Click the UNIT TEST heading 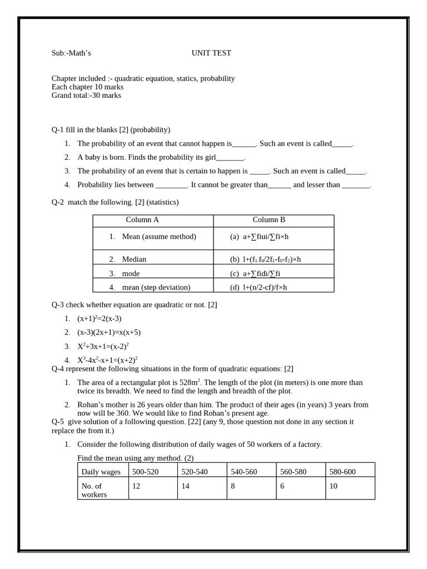pos(211,53)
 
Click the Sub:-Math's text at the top pos(71,53)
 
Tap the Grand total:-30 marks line pos(86,96)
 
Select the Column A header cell pos(142,220)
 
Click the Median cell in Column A pos(134,259)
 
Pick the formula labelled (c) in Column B pos(255,273)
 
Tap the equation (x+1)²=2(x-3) pos(99,318)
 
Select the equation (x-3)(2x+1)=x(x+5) pos(109,332)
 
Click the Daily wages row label pos(101,472)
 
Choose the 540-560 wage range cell pos(244,472)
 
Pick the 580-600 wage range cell pos(342,472)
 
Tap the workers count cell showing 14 pos(186,486)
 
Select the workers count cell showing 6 pos(282,486)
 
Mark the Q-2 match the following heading pos(115,202)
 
